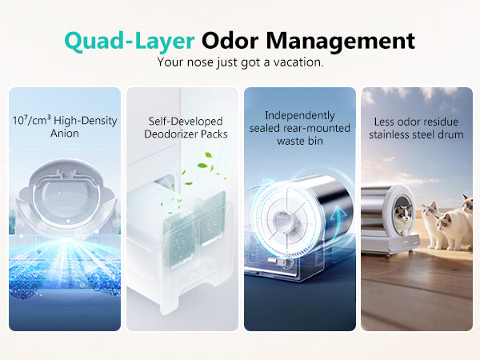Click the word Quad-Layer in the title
pos(129,41)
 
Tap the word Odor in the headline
pos(230,41)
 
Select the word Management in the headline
pos(341,41)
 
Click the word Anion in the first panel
pos(65,134)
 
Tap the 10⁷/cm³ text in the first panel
pos(31,120)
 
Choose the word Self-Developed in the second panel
pos(186,122)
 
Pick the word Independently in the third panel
pos(300,116)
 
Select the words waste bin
pos(300,141)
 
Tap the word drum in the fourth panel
pos(450,134)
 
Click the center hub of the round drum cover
pos(281,220)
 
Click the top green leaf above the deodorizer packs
pos(209,154)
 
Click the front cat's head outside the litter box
pos(444,222)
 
